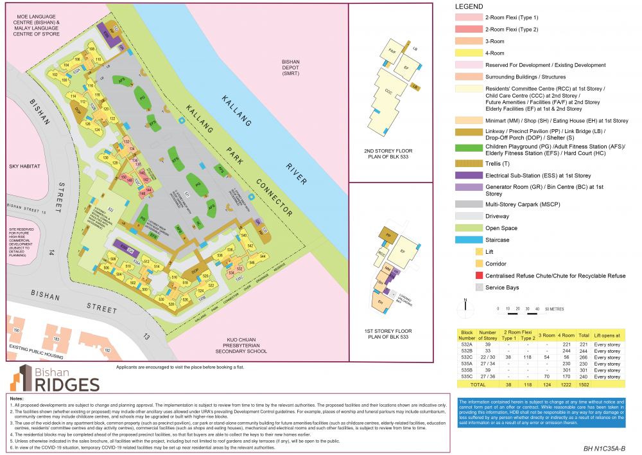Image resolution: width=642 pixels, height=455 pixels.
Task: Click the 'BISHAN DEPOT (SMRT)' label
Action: [x=291, y=66]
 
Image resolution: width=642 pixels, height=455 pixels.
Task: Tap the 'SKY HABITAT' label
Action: [x=24, y=165]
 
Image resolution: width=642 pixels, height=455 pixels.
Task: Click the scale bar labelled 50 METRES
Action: [x=523, y=309]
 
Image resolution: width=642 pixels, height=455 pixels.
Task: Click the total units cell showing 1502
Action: [x=584, y=384]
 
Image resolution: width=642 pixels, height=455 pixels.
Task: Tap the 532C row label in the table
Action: [x=467, y=357]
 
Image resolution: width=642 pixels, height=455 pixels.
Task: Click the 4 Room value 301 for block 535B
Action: [x=566, y=370]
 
